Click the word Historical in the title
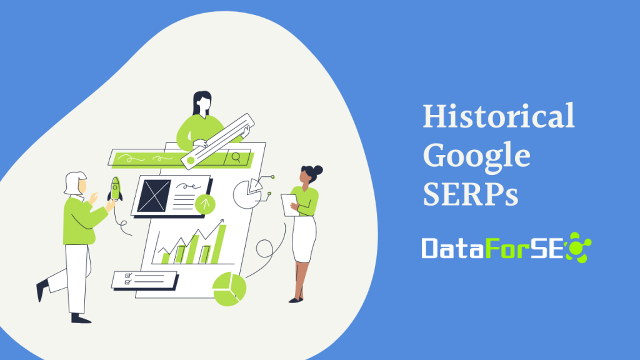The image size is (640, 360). click(x=498, y=116)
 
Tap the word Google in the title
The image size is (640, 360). click(x=476, y=156)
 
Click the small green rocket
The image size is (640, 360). click(x=115, y=189)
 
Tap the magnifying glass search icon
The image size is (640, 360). click(x=236, y=157)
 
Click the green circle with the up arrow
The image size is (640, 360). click(x=204, y=203)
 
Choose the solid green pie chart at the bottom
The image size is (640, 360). click(x=229, y=289)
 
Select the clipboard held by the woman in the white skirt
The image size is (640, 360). click(x=289, y=204)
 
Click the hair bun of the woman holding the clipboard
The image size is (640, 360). click(x=317, y=169)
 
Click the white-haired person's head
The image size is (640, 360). click(x=74, y=182)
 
